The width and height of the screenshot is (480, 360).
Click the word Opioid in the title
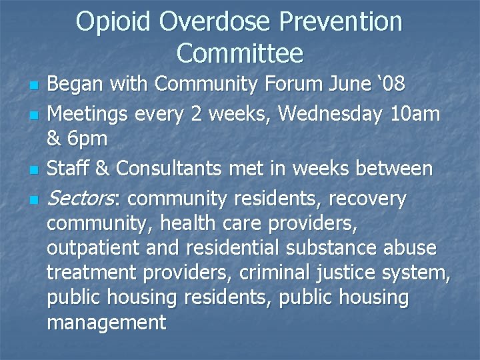113,22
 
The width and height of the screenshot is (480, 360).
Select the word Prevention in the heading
341,22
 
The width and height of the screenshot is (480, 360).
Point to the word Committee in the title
240,52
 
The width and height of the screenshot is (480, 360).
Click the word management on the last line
105,323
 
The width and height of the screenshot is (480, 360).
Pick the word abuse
410,248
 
